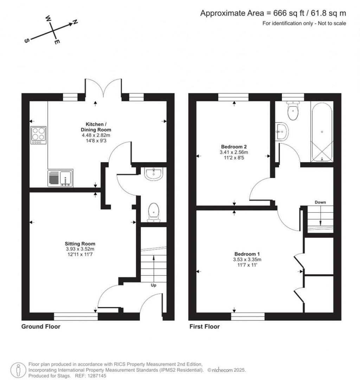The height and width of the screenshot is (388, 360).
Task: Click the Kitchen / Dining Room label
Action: (x=96, y=127)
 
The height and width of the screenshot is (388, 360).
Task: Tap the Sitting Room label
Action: (x=80, y=244)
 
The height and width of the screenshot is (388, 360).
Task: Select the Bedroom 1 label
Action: (x=247, y=254)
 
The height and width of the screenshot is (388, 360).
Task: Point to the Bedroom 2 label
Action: (x=234, y=147)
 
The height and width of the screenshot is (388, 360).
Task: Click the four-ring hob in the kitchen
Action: (x=38, y=135)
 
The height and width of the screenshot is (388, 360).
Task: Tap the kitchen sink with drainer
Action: (x=60, y=178)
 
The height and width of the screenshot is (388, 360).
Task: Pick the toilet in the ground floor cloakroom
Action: (x=154, y=212)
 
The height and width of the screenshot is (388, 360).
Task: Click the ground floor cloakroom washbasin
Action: (x=154, y=174)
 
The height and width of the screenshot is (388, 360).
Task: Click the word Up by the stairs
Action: (x=154, y=285)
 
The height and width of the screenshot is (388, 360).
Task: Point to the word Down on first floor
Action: (x=320, y=202)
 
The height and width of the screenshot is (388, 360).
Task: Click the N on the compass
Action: (x=75, y=22)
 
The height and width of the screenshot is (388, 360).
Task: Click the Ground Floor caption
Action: (x=41, y=326)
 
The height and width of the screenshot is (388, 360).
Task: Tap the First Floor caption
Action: (x=205, y=326)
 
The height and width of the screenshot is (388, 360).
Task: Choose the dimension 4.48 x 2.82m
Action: (x=96, y=135)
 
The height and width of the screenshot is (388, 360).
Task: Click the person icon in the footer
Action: (x=18, y=370)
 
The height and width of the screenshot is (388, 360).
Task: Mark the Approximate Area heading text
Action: (x=273, y=13)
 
